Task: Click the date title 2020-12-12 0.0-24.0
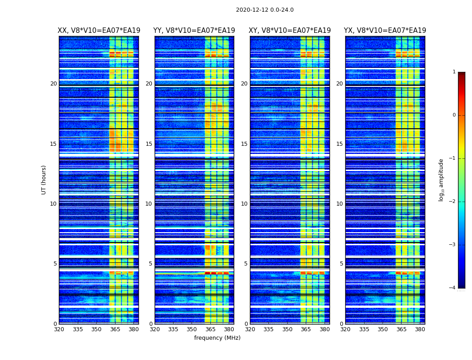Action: click(x=265, y=10)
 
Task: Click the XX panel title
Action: click(x=99, y=31)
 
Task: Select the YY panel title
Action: click(x=194, y=31)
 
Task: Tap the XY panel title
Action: click(x=289, y=31)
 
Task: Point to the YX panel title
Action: click(x=385, y=31)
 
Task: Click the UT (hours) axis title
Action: click(x=44, y=180)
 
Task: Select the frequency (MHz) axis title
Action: click(x=217, y=338)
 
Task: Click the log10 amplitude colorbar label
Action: click(x=441, y=180)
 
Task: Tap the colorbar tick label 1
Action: click(x=454, y=72)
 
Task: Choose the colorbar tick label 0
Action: click(x=454, y=115)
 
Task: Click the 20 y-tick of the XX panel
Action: click(x=53, y=84)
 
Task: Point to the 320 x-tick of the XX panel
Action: click(x=59, y=329)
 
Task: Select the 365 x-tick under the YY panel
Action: click(x=210, y=329)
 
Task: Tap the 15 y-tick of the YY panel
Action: click(x=149, y=144)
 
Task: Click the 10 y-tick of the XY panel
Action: click(x=244, y=204)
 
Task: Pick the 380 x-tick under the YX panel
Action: click(x=420, y=329)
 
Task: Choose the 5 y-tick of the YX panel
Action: click(x=341, y=264)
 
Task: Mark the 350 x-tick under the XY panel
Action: click(x=287, y=329)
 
